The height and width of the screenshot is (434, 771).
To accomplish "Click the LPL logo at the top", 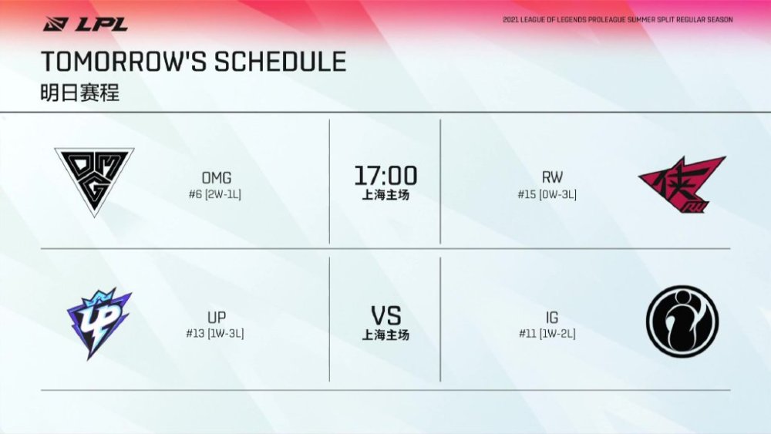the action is tap(86, 24).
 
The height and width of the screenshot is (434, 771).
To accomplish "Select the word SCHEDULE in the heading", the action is tap(281, 62).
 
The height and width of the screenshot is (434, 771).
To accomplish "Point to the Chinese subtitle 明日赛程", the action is tap(80, 93).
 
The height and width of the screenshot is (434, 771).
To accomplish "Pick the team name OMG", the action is tap(217, 177).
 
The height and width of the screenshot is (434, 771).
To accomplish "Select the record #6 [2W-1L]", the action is tap(215, 194).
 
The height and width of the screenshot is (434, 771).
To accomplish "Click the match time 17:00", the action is tap(386, 176).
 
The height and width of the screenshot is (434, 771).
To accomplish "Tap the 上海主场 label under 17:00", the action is tap(385, 195).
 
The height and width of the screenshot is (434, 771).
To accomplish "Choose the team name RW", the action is tap(552, 177).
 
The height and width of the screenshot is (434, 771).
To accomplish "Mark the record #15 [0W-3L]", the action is tap(547, 194).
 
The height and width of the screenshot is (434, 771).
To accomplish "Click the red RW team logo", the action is tap(682, 184).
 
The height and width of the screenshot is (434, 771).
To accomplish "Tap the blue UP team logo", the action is tap(99, 324).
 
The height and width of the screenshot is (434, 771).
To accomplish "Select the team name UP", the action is tap(217, 317).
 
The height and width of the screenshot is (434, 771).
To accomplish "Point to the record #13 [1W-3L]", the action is tap(215, 333).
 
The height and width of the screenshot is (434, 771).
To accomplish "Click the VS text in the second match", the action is tap(386, 316).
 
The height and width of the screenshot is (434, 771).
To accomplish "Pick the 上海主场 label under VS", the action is tap(385, 335).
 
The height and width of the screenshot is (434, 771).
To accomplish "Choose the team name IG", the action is tap(552, 318).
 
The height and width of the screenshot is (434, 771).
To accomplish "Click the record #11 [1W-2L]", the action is tap(547, 334).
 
